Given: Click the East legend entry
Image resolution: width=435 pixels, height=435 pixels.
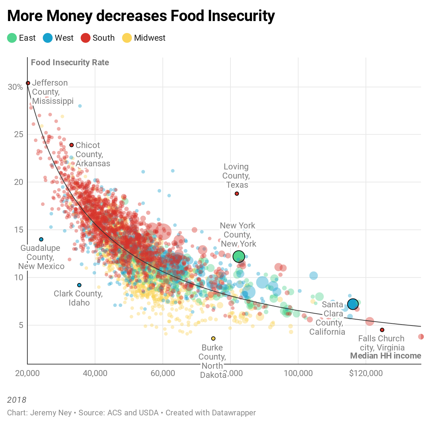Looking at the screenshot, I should (x=21, y=38).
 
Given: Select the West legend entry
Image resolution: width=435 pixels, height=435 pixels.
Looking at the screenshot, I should (x=58, y=38).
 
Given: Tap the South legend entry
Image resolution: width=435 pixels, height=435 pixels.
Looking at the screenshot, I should (x=98, y=38).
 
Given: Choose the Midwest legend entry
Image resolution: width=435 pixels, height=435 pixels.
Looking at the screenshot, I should (x=144, y=38).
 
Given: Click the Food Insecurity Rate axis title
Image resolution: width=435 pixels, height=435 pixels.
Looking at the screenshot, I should (x=70, y=62).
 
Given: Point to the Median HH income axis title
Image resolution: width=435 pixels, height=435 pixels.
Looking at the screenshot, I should (x=386, y=356).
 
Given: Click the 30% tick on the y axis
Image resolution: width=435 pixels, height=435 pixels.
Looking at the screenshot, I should (x=15, y=87).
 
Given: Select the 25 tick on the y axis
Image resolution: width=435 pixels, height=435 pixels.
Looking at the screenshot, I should (x=18, y=134).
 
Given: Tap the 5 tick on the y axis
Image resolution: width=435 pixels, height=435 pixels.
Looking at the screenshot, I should (x=21, y=325).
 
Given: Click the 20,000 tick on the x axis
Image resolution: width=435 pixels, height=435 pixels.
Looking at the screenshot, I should (x=27, y=373).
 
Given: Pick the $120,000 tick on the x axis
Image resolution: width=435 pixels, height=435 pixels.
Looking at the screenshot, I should (x=366, y=373).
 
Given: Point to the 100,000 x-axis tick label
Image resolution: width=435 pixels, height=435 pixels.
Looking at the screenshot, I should (x=298, y=373).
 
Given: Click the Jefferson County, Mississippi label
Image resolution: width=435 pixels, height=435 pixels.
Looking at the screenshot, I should (x=53, y=92).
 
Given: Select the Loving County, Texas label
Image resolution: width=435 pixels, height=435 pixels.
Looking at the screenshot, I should (x=236, y=176).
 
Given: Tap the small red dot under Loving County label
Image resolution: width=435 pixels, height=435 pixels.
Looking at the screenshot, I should (x=237, y=194).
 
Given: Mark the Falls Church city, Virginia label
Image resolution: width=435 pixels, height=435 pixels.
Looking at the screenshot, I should (x=381, y=343).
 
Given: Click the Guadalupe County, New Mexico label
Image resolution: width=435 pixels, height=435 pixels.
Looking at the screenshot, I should (x=41, y=257).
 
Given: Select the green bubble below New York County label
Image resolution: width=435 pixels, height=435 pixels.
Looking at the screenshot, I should (x=239, y=256).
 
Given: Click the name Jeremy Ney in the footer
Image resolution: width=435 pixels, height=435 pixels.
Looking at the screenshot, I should (x=51, y=413).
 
